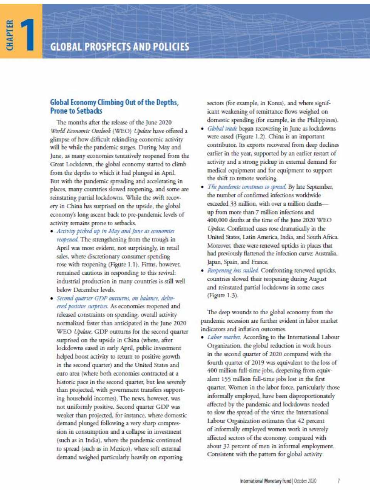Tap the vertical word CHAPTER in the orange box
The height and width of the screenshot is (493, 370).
coord(10,35)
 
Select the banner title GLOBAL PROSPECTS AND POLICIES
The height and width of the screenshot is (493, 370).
coord(119,47)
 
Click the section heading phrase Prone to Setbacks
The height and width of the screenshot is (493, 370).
coord(76,111)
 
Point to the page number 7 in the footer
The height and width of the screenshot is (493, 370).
coord(338,481)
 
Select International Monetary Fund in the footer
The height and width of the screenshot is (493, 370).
coord(266,481)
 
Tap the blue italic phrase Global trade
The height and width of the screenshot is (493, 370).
coord(222,128)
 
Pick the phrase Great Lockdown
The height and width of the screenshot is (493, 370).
coord(69,164)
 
